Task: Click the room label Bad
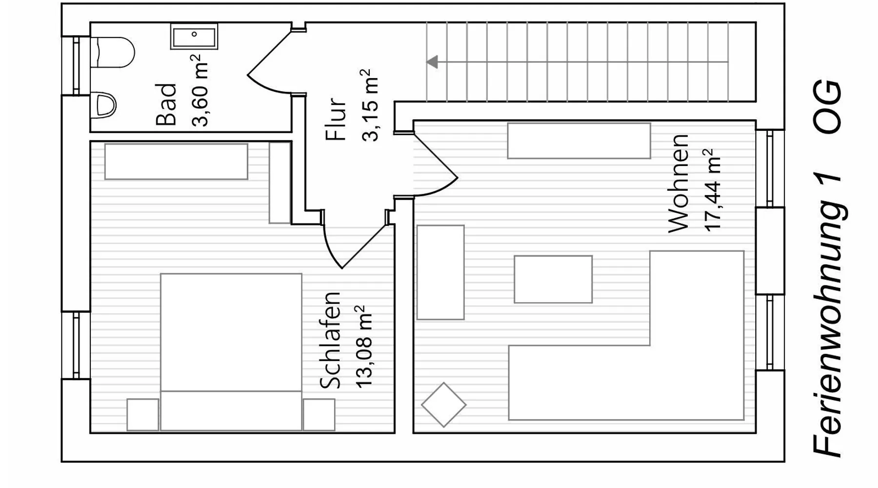[x=166, y=105]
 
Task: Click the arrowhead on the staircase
[x=432, y=62]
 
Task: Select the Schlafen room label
[x=330, y=340]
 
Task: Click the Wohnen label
[x=678, y=183]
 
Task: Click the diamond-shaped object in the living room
[x=444, y=405]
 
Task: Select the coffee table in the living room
[x=553, y=279]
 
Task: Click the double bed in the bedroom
[x=231, y=352]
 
